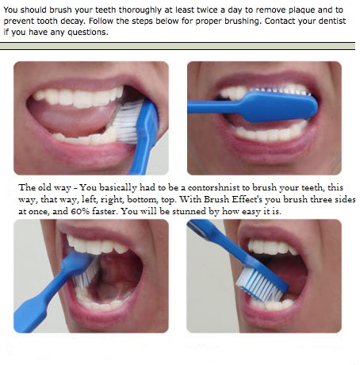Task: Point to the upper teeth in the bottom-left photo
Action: [99, 245]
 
